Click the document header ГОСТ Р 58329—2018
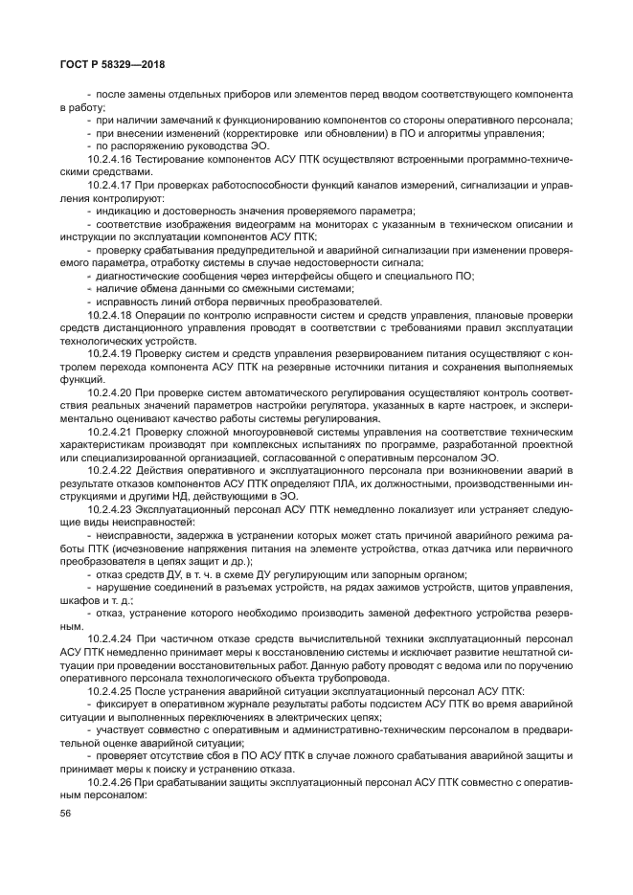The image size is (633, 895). tap(113, 65)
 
